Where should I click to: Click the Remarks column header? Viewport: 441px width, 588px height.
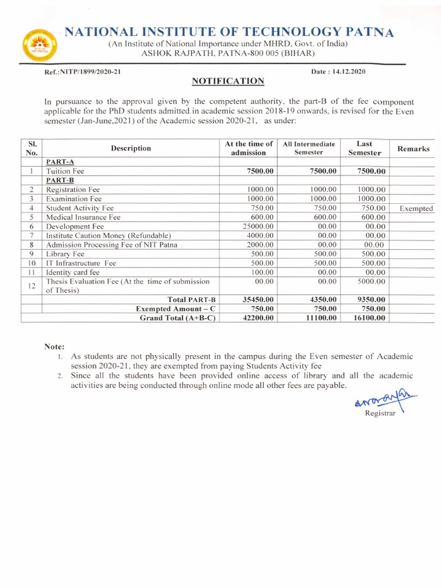pos(413,149)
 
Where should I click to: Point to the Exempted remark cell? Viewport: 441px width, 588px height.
pos(416,208)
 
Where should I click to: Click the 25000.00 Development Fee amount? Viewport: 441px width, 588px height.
pos(256,226)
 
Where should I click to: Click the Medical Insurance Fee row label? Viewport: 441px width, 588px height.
pos(83,217)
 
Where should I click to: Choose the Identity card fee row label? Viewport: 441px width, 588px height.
pos(73,272)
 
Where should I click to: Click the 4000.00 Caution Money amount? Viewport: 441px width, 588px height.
pos(258,235)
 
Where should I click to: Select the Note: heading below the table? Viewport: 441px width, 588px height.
pos(55,346)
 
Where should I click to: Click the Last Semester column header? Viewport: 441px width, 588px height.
pos(365,148)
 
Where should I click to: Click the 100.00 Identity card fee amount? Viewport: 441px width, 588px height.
pos(261,272)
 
